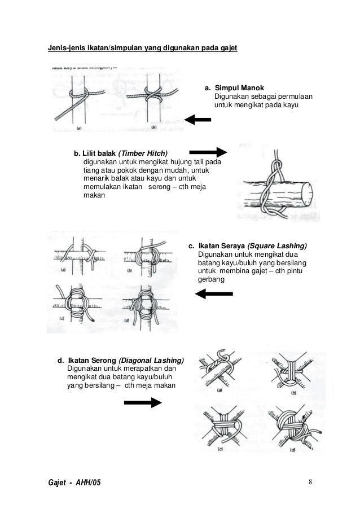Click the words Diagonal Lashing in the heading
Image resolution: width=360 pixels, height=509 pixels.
coord(151,360)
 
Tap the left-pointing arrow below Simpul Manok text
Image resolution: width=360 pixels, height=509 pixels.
coord(198,120)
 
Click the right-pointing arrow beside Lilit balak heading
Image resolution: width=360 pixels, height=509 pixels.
coord(207,152)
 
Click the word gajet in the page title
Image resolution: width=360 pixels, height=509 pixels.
coord(227,48)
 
